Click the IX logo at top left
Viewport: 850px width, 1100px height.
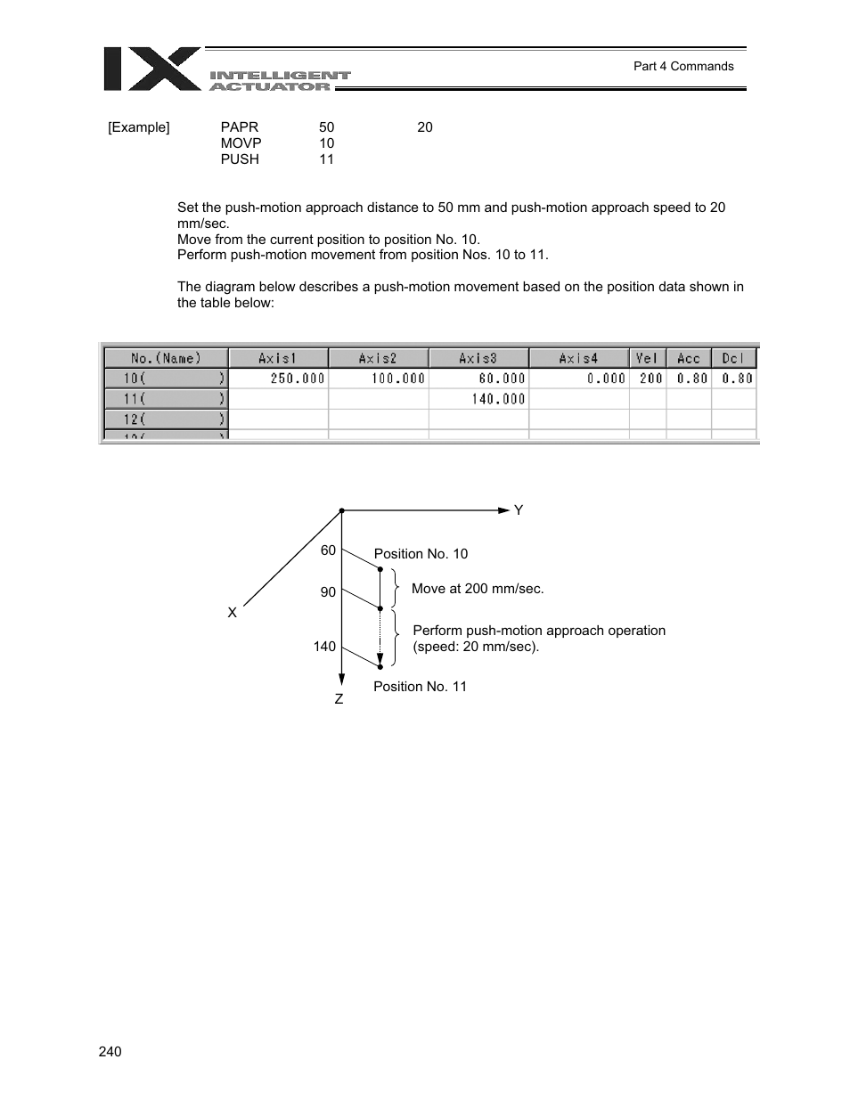[x=151, y=69]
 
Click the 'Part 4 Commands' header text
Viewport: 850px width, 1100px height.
[x=682, y=66]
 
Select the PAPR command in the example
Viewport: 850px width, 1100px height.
[x=240, y=127]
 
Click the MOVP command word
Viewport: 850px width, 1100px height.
[x=241, y=143]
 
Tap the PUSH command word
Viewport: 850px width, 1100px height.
[x=240, y=159]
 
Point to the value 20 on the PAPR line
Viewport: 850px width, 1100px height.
[x=425, y=127]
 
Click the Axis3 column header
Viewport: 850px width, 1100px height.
[x=478, y=358]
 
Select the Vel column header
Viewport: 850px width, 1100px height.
[x=647, y=358]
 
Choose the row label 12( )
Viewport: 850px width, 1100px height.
[x=166, y=420]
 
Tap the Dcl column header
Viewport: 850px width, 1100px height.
[x=733, y=358]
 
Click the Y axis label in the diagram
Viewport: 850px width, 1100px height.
[x=519, y=510]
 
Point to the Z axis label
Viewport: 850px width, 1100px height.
[x=339, y=700]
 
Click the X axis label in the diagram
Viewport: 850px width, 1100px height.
[x=233, y=613]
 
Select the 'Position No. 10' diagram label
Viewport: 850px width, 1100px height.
[x=421, y=554]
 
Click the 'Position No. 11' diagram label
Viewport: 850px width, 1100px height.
[x=420, y=687]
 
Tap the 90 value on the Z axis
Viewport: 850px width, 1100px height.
[x=328, y=592]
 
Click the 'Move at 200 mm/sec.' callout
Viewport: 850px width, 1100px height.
[x=478, y=589]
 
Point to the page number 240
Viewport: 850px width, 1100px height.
[x=110, y=1052]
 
